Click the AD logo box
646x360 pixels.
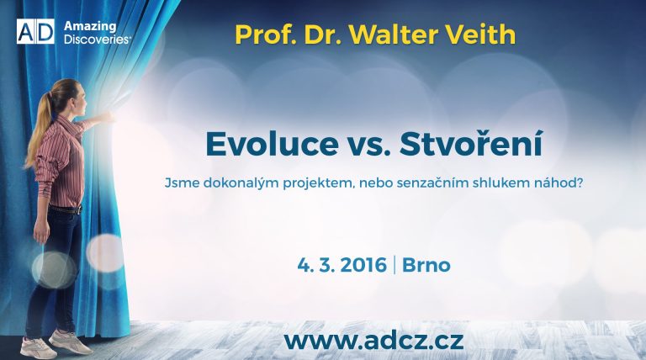coord(35,31)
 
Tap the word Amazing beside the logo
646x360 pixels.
coord(90,27)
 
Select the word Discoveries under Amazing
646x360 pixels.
coord(98,40)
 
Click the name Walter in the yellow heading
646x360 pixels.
coord(394,34)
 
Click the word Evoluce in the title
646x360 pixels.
coord(272,144)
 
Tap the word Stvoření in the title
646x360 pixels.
coord(471,143)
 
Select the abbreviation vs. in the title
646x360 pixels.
coord(368,147)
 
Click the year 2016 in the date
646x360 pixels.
coord(363,265)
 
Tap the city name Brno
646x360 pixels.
coord(426,265)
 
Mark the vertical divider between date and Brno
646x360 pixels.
coord(394,265)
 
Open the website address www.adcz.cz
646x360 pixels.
coord(373,341)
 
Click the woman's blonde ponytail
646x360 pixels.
coord(39,132)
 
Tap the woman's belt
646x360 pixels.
coord(65,209)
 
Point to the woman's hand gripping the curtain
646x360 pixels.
coord(107,118)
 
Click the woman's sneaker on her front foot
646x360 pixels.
coord(70,341)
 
